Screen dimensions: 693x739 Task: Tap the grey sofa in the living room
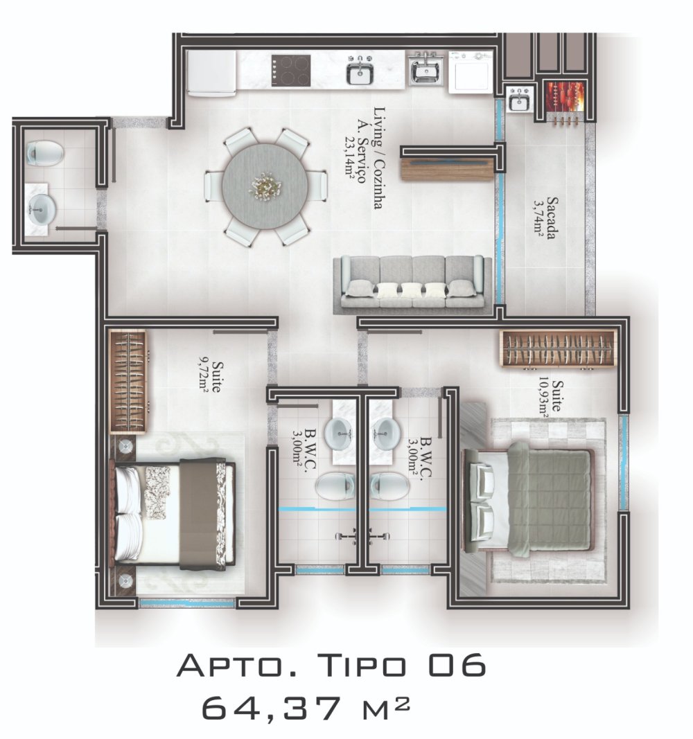point(412,284)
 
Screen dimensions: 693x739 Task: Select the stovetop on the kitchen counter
point(291,70)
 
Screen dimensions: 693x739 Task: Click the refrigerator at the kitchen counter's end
point(211,73)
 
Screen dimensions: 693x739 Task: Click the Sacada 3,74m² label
point(545,218)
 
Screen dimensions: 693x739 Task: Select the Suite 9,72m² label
point(210,377)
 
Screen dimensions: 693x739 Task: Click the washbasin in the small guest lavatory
point(42,208)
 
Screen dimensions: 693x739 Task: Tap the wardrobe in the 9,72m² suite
point(128,382)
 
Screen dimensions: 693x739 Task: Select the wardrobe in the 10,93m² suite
point(558,349)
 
